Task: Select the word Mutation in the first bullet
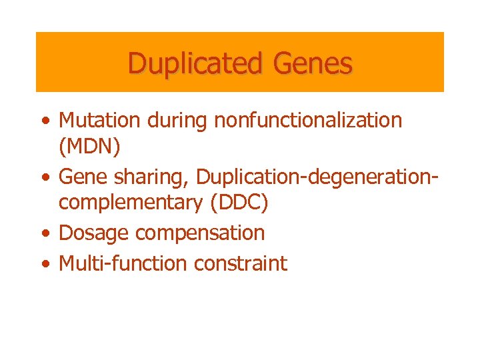(x=99, y=121)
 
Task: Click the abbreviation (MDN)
(x=89, y=147)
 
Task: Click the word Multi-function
(x=123, y=263)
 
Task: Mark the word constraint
(x=241, y=263)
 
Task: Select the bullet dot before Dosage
(x=45, y=234)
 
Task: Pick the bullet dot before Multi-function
(x=45, y=264)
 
